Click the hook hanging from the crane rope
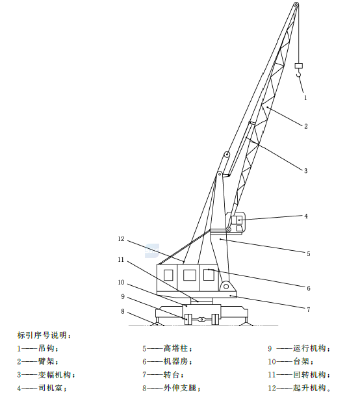299,74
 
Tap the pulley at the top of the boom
296,5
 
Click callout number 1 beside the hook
305,97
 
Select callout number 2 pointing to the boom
306,126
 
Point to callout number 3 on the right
306,171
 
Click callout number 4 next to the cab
306,216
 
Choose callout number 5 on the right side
309,253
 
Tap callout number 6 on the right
309,288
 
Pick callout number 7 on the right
309,309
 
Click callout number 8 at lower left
123,311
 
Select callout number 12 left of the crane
121,238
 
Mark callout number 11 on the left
121,260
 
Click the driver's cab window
237,220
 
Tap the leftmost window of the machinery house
168,275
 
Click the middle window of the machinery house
190,275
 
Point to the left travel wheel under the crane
188,319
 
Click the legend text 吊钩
46,348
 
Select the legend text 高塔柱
175,348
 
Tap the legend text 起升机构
309,388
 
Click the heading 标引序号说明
42,335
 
